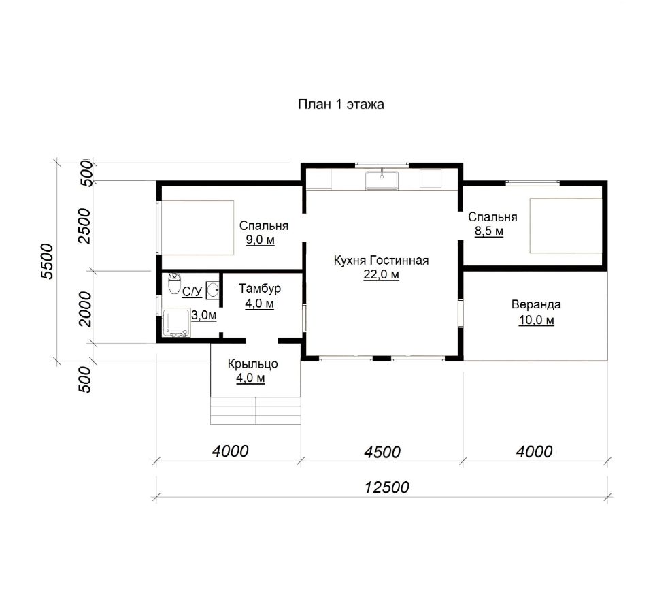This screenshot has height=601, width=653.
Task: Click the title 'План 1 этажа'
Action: click(341, 104)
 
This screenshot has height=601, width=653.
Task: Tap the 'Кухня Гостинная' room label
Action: click(381, 261)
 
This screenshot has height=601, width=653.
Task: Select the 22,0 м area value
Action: click(381, 275)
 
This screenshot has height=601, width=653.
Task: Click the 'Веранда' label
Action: click(536, 304)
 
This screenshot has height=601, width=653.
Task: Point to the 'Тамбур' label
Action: click(259, 289)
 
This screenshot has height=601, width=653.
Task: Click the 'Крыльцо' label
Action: click(252, 364)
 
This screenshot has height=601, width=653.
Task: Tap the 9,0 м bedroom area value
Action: click(260, 240)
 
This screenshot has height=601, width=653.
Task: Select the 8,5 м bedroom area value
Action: click(489, 231)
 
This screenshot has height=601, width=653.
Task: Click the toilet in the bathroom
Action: click(173, 284)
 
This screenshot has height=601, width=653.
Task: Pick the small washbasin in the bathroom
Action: click(213, 289)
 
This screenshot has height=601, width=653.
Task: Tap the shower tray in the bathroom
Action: click(177, 323)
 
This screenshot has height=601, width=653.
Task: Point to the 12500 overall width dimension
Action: click(387, 487)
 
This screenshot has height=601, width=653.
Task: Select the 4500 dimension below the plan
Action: click(382, 452)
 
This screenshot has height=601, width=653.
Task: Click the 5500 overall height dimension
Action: click(48, 261)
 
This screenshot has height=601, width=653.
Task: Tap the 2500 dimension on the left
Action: click(84, 226)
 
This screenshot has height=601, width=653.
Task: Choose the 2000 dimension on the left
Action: click(84, 309)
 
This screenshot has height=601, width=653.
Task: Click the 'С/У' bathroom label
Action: click(192, 291)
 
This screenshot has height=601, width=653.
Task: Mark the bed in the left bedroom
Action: click(197, 227)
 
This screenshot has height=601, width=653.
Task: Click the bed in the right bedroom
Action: click(566, 225)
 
